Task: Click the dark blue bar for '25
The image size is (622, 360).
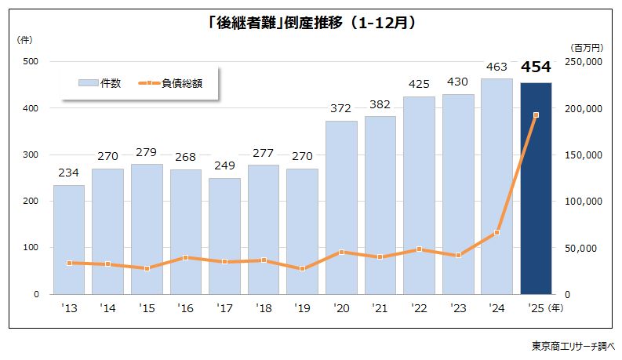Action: [536, 188]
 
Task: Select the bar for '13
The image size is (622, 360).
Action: [69, 239]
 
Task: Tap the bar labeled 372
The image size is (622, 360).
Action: [341, 208]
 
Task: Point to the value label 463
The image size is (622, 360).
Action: [497, 67]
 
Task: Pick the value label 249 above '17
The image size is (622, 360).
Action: [224, 166]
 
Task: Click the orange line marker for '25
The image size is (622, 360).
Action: [536, 115]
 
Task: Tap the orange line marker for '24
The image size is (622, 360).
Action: [497, 233]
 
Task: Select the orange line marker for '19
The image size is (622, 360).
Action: [303, 268]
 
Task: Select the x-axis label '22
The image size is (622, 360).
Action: [419, 308]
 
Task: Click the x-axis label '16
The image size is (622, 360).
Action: [185, 308]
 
